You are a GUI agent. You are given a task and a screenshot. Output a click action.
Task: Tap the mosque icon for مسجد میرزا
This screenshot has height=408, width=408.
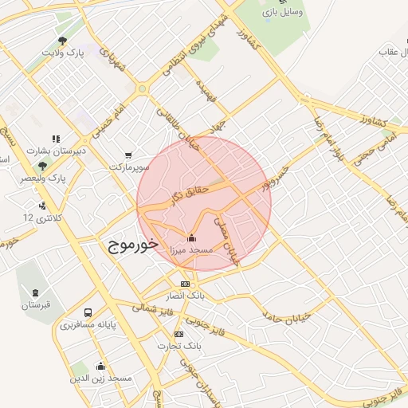(x=191, y=237)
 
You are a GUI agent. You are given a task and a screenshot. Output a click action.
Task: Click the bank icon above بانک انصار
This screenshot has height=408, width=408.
(x=185, y=284)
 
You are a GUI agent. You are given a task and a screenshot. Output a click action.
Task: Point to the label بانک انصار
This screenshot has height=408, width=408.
(x=186, y=296)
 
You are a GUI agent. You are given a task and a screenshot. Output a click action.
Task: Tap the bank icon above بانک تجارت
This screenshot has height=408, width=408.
(x=178, y=334)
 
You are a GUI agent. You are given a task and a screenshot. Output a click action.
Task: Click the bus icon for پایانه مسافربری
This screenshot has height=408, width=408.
(x=88, y=313)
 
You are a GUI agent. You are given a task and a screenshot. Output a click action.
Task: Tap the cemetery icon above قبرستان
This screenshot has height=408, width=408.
(x=35, y=292)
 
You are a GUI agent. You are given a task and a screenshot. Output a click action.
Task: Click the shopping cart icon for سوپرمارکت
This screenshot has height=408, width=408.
(x=129, y=155)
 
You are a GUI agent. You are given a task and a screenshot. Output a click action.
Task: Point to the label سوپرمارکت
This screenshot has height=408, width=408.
(x=130, y=167)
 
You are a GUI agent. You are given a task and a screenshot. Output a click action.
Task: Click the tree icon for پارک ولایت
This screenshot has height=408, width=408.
(x=62, y=41)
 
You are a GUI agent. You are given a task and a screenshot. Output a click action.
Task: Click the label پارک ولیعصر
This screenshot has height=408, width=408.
(x=43, y=178)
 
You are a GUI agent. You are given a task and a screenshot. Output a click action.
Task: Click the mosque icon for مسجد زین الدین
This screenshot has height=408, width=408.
(x=100, y=366)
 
